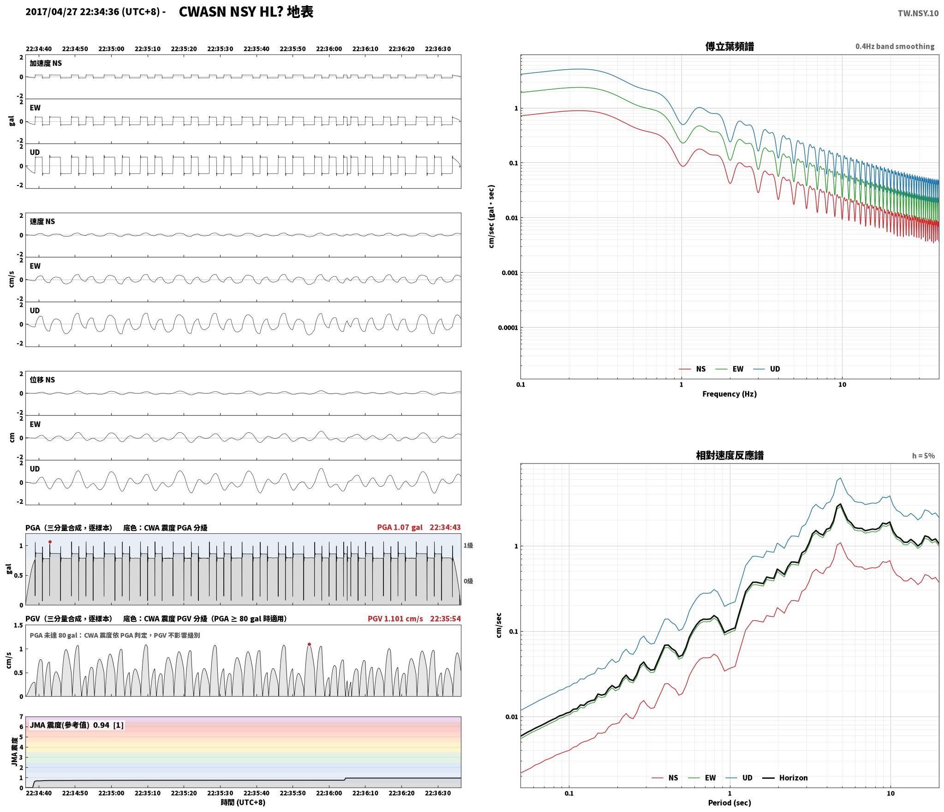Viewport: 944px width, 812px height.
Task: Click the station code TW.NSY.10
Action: click(x=918, y=13)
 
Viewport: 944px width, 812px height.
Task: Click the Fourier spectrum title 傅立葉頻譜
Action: click(x=729, y=46)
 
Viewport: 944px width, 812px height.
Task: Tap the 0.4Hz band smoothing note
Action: click(x=895, y=46)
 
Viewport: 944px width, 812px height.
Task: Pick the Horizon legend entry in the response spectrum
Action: click(x=785, y=777)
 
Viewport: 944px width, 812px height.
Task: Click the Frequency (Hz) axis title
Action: click(x=729, y=394)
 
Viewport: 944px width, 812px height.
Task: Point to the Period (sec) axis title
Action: click(x=729, y=802)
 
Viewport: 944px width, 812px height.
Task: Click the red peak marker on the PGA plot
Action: click(x=50, y=542)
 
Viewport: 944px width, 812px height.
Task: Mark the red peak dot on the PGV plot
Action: click(x=309, y=644)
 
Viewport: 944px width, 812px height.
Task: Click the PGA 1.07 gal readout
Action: click(x=400, y=527)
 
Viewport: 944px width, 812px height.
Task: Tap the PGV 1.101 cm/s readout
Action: click(x=395, y=618)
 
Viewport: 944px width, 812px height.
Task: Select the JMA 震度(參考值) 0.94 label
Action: click(x=70, y=725)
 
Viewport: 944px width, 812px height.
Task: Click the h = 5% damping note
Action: click(x=923, y=456)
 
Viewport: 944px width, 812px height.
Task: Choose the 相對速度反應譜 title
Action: click(x=729, y=455)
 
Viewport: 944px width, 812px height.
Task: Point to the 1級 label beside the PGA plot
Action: click(x=468, y=545)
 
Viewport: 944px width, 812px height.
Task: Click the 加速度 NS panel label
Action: click(x=46, y=63)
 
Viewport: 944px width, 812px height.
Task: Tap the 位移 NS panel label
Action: click(x=42, y=380)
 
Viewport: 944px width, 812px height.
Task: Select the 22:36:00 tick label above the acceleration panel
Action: click(x=329, y=48)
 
